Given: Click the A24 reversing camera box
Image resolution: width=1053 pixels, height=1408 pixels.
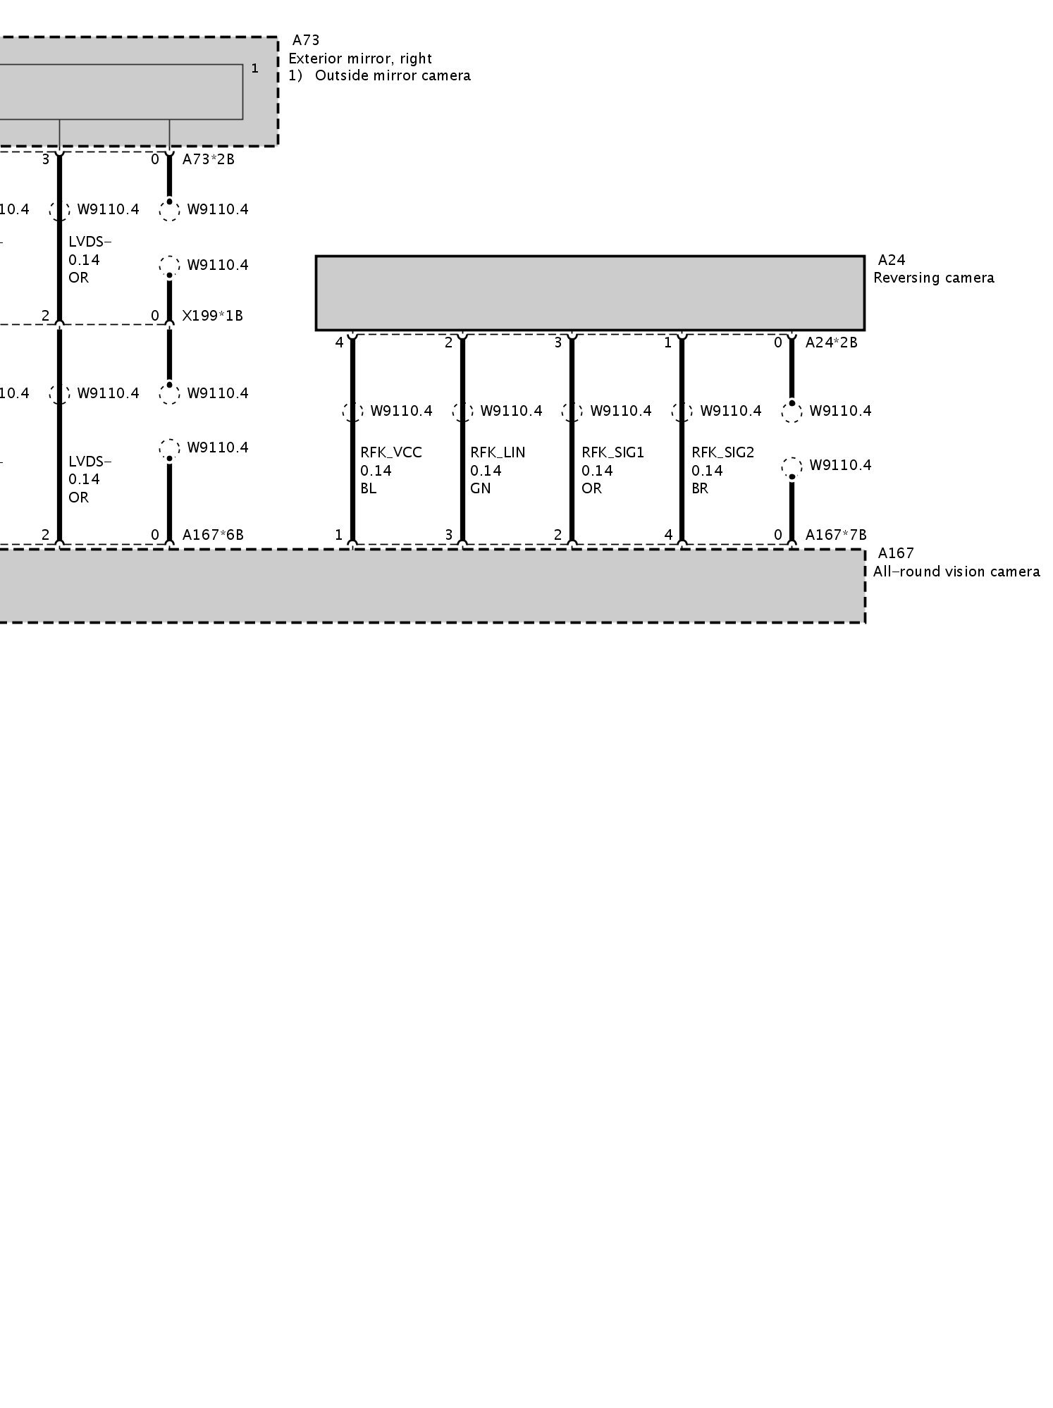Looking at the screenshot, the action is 589,292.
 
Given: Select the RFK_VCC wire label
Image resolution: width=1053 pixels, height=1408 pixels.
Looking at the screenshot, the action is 391,452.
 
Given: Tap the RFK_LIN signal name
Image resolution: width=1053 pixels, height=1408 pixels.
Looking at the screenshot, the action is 498,452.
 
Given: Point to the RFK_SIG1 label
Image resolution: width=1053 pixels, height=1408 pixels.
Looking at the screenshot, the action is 612,452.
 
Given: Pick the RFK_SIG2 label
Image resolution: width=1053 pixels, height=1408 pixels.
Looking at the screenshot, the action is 722,452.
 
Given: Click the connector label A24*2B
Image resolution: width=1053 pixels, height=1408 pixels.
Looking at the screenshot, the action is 831,342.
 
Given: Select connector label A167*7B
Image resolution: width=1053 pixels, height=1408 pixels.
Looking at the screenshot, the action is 836,535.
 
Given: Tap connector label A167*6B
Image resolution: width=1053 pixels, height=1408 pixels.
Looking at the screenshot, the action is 213,535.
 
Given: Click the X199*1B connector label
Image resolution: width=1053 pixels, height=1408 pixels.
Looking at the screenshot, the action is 212,316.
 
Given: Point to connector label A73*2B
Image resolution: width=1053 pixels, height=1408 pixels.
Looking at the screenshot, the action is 208,159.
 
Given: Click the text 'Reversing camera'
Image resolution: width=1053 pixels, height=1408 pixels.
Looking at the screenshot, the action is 933,278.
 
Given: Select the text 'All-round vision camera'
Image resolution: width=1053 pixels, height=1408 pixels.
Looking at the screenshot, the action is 956,572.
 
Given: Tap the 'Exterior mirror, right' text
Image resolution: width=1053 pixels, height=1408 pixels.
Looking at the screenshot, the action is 359,58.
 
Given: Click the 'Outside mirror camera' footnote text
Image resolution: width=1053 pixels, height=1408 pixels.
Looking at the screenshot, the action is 393,75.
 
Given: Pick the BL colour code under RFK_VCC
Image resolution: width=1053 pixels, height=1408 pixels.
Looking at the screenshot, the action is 369,488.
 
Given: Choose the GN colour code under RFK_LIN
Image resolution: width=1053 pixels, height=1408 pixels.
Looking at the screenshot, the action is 480,488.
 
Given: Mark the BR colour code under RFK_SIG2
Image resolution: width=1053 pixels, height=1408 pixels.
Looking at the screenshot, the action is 699,488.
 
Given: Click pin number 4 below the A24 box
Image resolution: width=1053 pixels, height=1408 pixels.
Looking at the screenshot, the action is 339,342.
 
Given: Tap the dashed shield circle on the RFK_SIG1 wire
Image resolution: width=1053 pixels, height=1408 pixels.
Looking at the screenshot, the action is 572,412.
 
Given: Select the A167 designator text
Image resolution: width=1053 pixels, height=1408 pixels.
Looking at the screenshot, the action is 895,554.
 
